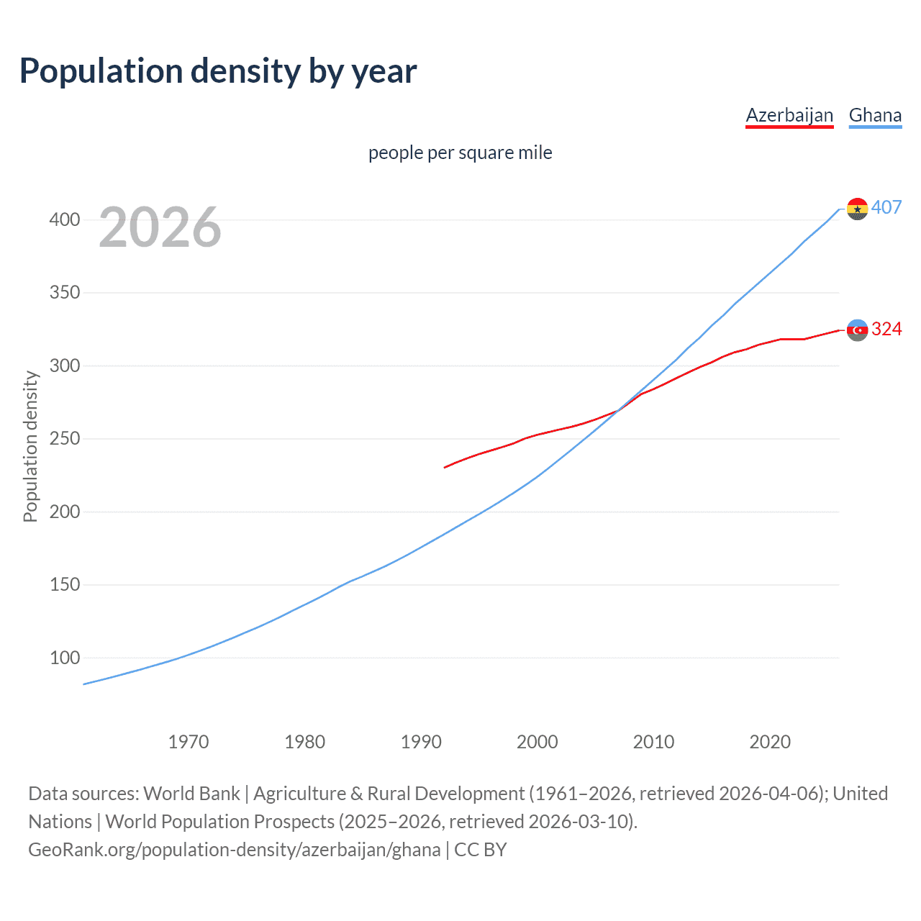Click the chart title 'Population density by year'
[x=218, y=71]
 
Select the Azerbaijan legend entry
[x=789, y=115]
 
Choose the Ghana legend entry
[x=875, y=115]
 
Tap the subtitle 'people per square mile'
[x=460, y=153]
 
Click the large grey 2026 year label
[x=160, y=227]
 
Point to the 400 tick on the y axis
[x=65, y=219]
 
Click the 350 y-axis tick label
[x=65, y=293]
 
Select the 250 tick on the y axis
[x=65, y=439]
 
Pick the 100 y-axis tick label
[x=65, y=658]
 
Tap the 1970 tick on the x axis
[x=189, y=742]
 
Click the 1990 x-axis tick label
[x=421, y=742]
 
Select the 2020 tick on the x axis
[x=770, y=742]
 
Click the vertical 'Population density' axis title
[x=30, y=446]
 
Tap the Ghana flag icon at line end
[x=857, y=209]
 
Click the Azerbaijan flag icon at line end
[x=857, y=330]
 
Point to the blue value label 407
[x=886, y=207]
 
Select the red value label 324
[x=886, y=329]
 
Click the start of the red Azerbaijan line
[x=445, y=468]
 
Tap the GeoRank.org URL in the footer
[x=234, y=850]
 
